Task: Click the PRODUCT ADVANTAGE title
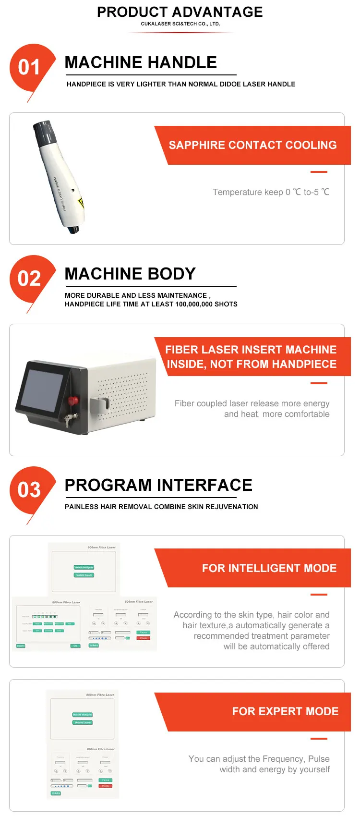point(180,12)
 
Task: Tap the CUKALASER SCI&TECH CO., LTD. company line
point(180,24)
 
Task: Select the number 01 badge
point(29,67)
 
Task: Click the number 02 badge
point(29,279)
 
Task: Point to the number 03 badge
point(29,490)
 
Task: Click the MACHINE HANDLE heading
point(141,62)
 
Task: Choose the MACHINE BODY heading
point(130,274)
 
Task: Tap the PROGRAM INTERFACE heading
point(158,485)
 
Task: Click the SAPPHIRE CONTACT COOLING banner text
point(252,145)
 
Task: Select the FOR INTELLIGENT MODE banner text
point(269,568)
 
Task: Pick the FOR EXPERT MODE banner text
point(285,711)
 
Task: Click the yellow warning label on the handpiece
point(81,203)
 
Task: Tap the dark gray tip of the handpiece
point(45,132)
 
